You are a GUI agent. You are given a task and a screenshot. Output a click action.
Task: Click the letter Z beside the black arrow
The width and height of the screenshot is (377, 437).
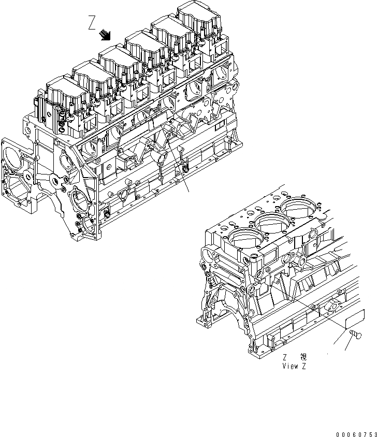point(92,23)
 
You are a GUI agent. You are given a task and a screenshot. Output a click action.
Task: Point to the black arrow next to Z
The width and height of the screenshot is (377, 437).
point(106,35)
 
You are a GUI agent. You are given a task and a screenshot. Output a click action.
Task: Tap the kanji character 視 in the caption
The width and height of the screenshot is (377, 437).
point(303,357)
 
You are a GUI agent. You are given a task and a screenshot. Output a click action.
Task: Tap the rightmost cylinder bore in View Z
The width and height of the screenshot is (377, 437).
point(303,209)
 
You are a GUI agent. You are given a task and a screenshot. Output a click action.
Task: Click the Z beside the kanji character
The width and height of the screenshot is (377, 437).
point(285,357)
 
